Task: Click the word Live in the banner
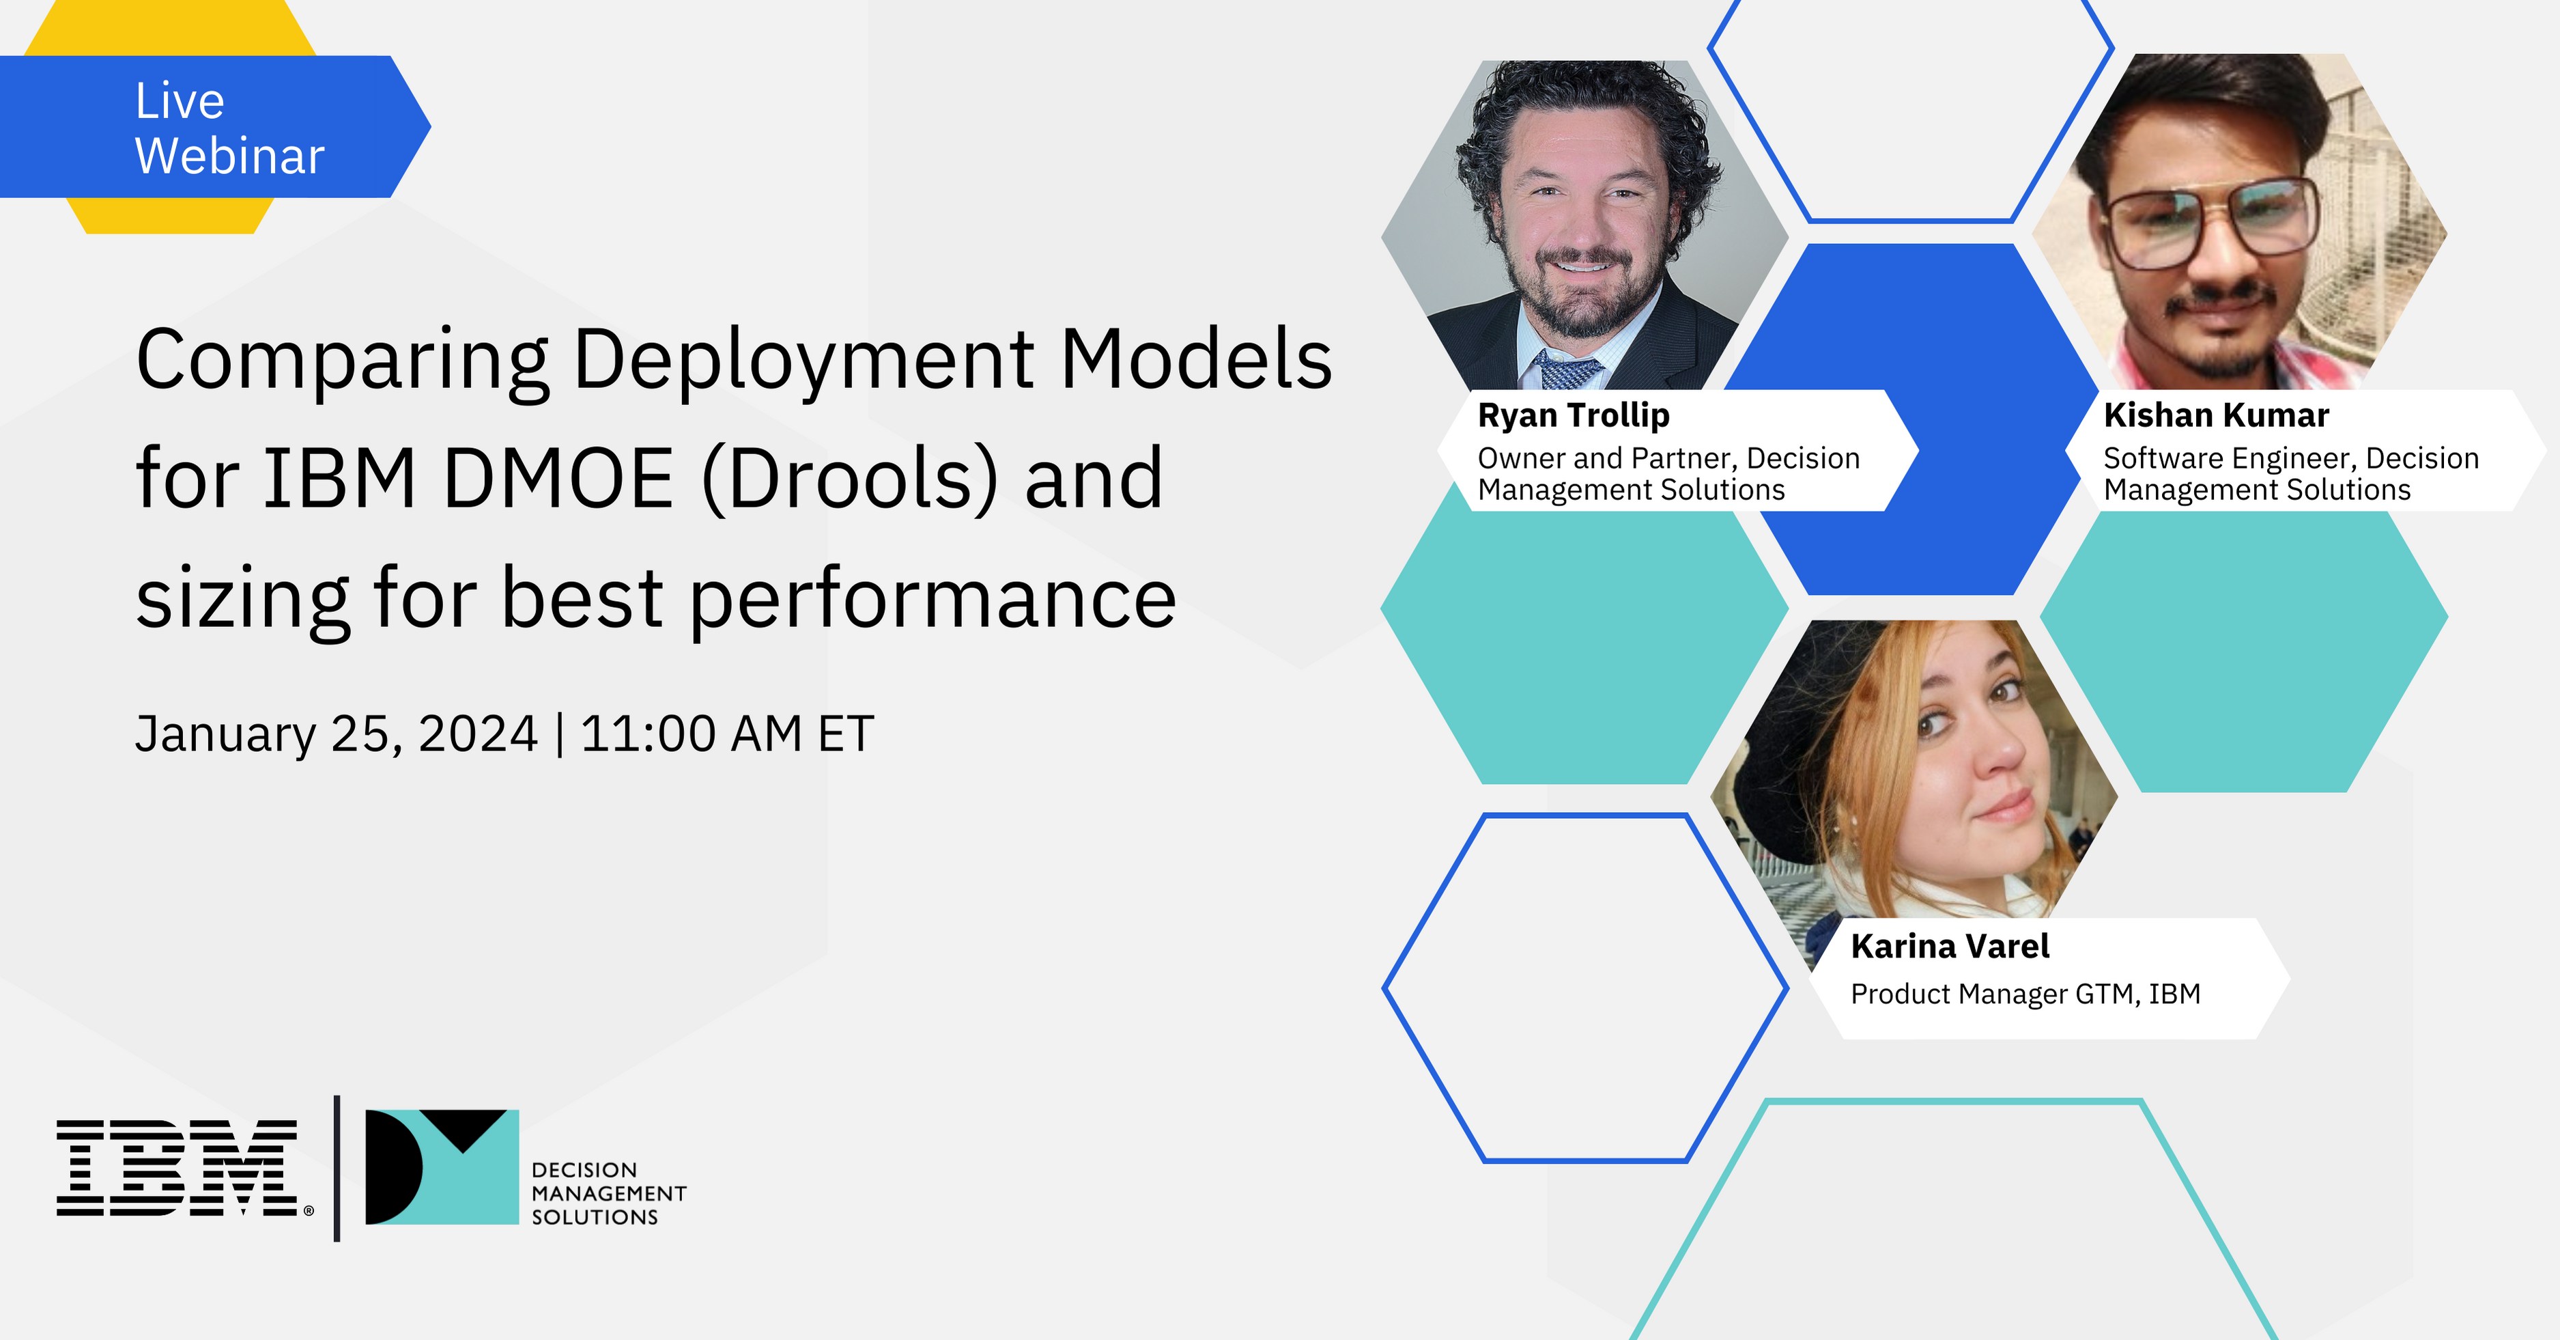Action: pos(180,101)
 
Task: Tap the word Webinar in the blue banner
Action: pos(229,156)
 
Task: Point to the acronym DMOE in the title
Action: pos(558,479)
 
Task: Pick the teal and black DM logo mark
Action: pos(442,1167)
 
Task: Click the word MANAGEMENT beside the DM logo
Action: pos(609,1193)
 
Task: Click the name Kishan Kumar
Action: pos(2216,415)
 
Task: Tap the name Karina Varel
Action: pos(1950,947)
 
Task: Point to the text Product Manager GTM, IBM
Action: pos(2025,994)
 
